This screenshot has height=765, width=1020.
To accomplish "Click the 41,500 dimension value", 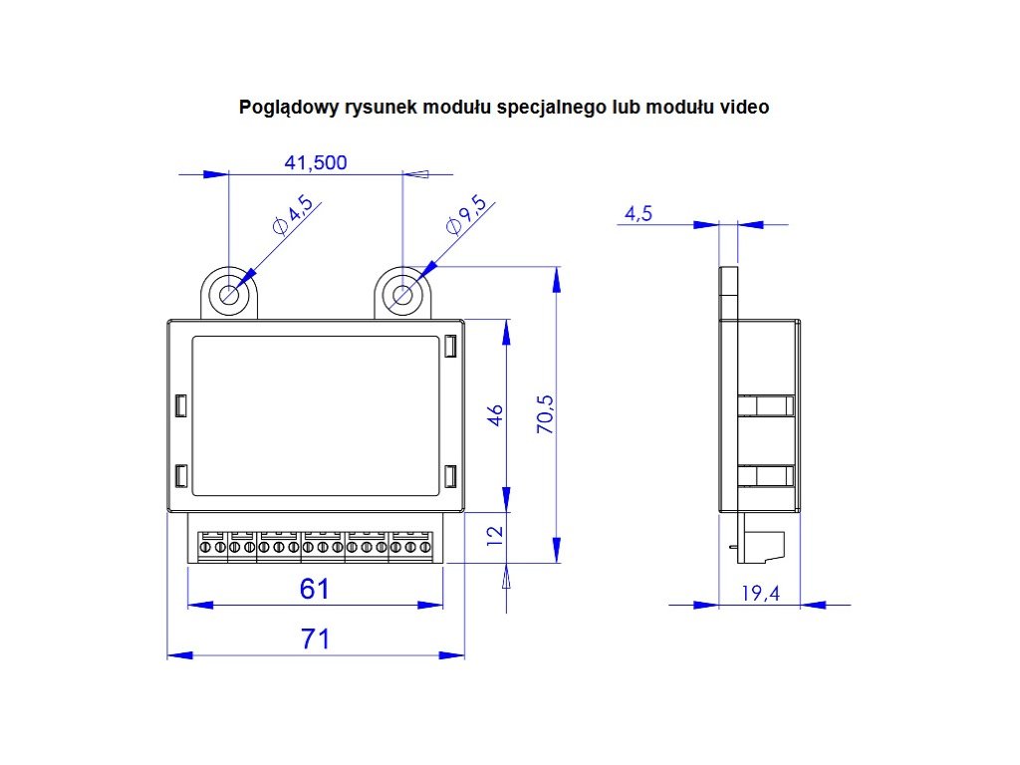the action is [316, 162].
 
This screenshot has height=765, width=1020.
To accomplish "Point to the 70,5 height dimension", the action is [545, 412].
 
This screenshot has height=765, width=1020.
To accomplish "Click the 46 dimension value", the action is [495, 413].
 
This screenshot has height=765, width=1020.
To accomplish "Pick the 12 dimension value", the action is [495, 535].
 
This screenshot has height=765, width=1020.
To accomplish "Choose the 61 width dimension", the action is [315, 590].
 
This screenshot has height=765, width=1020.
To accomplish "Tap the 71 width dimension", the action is [315, 639].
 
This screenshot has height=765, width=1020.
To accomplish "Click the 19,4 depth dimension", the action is [760, 594].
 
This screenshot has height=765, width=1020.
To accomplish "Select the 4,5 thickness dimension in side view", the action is [638, 213].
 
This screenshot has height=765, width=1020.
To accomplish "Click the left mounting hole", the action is [230, 295].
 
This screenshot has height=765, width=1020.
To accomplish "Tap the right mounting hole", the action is [402, 295].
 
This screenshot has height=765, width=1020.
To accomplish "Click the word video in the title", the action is [745, 107].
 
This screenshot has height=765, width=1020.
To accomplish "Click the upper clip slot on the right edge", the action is [450, 347].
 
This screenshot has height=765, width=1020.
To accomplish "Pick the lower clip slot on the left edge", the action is [180, 476].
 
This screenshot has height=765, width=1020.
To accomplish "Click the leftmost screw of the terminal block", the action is [205, 548].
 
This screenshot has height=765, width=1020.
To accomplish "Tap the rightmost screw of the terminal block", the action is [424, 548].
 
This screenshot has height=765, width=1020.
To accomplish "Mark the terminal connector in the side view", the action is [768, 543].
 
